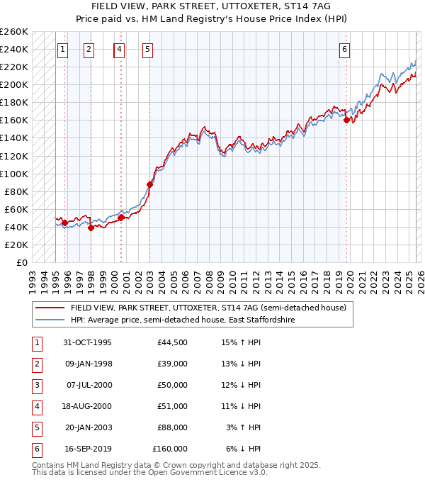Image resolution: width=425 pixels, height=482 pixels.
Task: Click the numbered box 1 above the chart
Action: click(63, 50)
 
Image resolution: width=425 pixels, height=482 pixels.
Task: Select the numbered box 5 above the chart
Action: click(147, 50)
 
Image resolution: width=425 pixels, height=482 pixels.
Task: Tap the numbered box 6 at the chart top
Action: click(344, 50)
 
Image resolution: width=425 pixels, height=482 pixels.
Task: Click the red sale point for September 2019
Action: click(347, 120)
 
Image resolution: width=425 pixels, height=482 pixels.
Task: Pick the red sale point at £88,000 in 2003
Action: click(149, 184)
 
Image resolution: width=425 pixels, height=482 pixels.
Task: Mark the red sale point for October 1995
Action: click(64, 223)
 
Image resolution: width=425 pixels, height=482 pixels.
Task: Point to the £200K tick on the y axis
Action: click(14, 84)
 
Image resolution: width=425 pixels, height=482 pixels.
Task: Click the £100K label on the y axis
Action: click(14, 174)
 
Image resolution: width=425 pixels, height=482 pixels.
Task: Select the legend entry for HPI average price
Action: click(182, 320)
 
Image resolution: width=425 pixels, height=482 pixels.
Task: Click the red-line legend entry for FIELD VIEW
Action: click(208, 308)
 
